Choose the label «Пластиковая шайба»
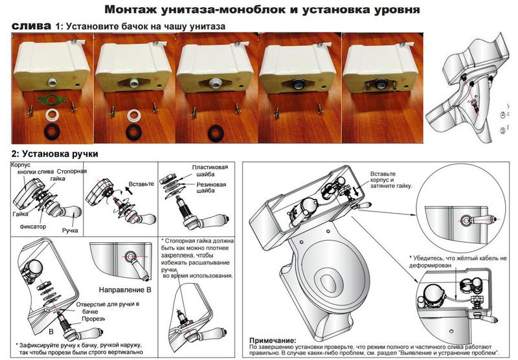[x=210, y=172]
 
